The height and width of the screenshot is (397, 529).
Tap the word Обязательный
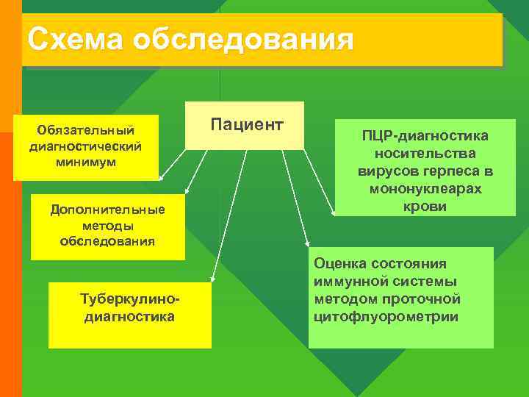point(85,130)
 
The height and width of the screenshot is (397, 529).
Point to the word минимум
point(85,161)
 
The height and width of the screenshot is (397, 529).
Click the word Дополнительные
point(107,210)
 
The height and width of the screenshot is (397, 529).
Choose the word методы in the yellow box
point(107,226)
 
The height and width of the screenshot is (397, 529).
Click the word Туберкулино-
point(130,301)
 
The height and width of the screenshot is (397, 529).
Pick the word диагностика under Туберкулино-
point(130,317)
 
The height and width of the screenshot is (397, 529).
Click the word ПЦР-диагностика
point(425,137)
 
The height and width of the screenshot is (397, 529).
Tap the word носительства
point(425,154)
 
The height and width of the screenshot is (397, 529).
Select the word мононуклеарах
point(425,189)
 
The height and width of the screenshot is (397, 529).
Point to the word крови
point(425,207)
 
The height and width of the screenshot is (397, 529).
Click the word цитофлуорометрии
point(385,317)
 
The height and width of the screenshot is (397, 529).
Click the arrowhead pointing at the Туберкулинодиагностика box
point(212,279)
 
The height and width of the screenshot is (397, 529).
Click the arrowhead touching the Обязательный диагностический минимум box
point(162,178)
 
